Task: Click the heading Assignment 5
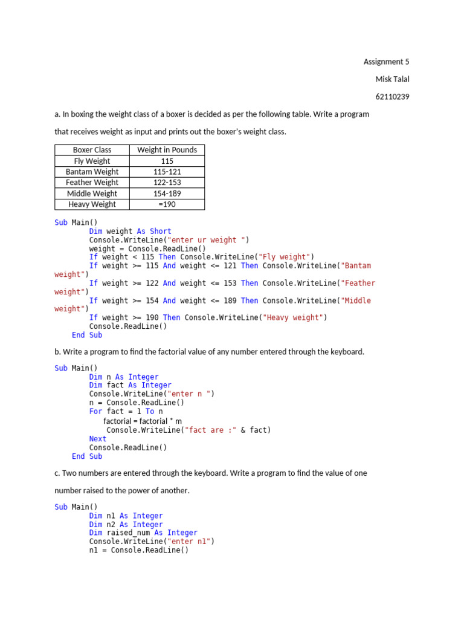386,62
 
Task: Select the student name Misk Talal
392,79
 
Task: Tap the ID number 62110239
392,97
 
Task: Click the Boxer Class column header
92,150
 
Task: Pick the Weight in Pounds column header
167,150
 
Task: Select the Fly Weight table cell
92,161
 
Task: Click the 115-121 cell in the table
167,172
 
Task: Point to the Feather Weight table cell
92,183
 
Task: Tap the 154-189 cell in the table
167,193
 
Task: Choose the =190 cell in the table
167,204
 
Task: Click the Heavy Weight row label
92,204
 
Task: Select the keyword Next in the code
98,439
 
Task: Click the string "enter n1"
193,542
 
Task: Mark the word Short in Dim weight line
161,231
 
